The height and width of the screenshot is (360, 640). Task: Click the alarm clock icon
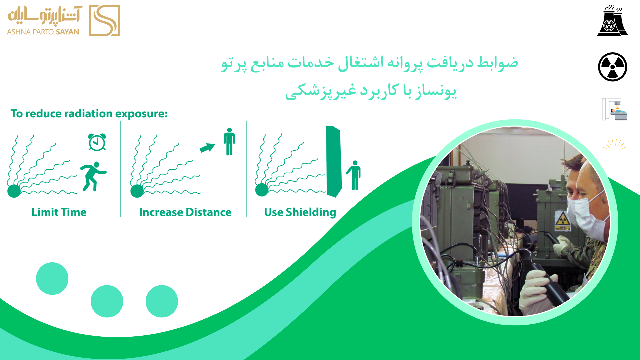click(x=97, y=142)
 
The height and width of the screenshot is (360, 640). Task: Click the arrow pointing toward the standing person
click(x=207, y=147)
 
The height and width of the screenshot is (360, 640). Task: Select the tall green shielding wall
click(x=334, y=162)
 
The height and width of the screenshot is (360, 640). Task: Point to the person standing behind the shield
click(x=354, y=175)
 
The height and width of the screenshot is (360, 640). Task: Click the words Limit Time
click(x=59, y=212)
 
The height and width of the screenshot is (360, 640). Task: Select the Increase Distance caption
click(x=185, y=212)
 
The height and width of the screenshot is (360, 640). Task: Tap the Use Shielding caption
click(x=300, y=213)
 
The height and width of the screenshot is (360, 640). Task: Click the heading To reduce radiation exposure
click(x=89, y=114)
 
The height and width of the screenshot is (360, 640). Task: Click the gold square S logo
click(x=104, y=21)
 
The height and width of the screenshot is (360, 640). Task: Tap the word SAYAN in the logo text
click(x=67, y=32)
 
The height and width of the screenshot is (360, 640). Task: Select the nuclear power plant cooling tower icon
click(x=612, y=20)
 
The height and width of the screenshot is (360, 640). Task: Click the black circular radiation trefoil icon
click(x=613, y=67)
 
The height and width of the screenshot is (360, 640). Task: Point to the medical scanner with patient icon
click(x=614, y=109)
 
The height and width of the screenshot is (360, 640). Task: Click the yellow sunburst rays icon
click(x=614, y=145)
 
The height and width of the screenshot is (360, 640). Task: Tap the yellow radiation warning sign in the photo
click(x=562, y=220)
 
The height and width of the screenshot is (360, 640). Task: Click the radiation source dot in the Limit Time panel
click(x=14, y=191)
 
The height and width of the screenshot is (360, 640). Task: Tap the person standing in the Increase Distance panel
click(x=229, y=141)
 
